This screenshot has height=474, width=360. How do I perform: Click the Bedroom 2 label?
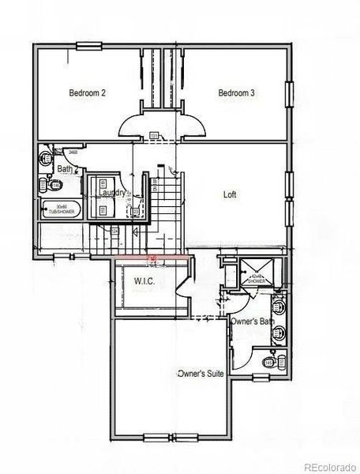pos(88,93)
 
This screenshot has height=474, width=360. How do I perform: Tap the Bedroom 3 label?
pos(237,93)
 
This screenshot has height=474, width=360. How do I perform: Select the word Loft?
pos(230,194)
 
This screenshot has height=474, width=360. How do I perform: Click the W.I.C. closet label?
pos(144,282)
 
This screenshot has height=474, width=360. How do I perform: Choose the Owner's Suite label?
pos(199,372)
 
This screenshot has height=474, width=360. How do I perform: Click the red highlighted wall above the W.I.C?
pos(150,258)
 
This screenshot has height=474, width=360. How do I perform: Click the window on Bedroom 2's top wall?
pos(88,46)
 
